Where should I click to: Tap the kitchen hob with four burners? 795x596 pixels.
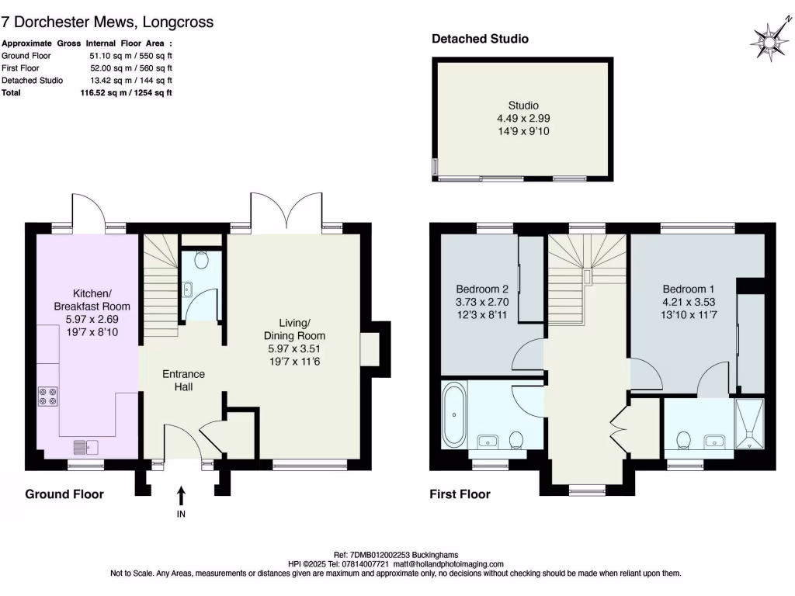(x=47, y=396)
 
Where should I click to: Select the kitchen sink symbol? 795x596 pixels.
(x=85, y=446)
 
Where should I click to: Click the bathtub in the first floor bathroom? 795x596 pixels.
(x=453, y=416)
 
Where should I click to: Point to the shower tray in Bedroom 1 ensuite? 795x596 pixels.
(x=750, y=425)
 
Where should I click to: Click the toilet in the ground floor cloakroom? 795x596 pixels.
(x=202, y=262)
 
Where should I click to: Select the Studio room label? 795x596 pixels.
(x=523, y=106)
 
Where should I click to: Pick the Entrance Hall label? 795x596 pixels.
(x=183, y=380)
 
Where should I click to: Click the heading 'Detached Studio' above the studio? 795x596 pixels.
(x=481, y=39)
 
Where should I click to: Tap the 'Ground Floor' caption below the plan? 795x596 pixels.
(x=64, y=494)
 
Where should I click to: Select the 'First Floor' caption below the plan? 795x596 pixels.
(x=460, y=494)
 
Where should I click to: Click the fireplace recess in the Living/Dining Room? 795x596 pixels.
(x=370, y=350)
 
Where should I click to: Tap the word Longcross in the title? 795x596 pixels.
(x=178, y=23)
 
